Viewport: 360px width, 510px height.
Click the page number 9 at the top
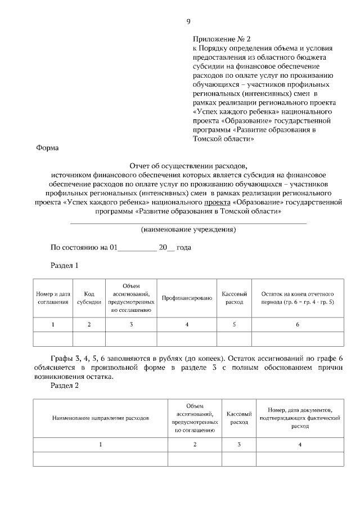pos(188,22)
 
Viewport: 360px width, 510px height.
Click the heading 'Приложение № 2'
pos(221,39)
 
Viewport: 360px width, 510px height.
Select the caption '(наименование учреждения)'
pos(188,230)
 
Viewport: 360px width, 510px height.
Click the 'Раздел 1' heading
pos(65,266)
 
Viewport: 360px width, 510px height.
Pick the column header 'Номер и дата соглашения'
pos(53,298)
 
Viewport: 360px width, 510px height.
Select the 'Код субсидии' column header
pos(89,298)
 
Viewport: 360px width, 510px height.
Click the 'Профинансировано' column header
pos(187,298)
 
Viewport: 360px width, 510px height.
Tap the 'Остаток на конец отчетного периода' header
pos(297,298)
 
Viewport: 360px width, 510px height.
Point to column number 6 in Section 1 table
pos(297,325)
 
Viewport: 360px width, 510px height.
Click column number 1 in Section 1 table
pos(53,325)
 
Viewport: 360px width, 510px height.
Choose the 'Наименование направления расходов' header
pos(101,419)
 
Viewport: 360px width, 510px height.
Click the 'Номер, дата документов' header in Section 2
pos(300,418)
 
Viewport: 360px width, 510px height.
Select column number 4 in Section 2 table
pos(300,445)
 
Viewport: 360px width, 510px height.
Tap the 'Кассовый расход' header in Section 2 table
pos(238,418)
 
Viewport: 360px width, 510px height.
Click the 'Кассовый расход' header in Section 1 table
pos(234,298)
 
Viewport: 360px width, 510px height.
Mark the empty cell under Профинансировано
pos(187,339)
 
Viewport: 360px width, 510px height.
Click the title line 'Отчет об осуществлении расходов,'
pos(188,167)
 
